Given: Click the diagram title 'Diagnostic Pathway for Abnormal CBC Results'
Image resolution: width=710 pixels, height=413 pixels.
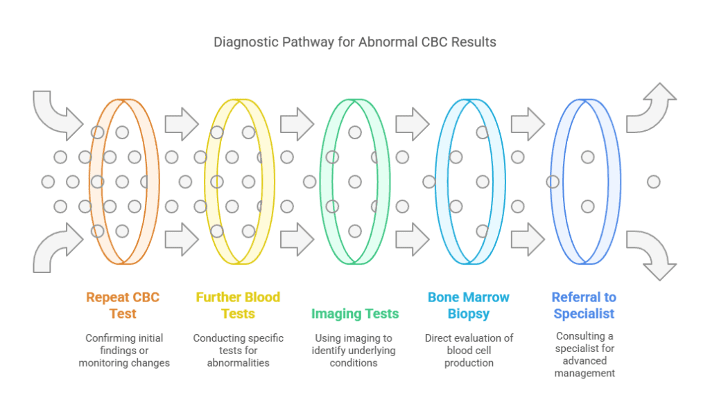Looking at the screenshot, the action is pyautogui.click(x=354, y=42).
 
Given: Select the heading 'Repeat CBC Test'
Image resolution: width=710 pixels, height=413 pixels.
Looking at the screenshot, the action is pyautogui.click(x=123, y=306).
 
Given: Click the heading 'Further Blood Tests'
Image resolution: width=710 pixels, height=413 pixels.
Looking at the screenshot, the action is pyautogui.click(x=239, y=306).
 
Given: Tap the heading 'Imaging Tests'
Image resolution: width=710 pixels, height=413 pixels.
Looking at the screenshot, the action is pyautogui.click(x=355, y=313).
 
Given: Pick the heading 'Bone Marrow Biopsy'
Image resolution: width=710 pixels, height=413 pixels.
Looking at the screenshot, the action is pyautogui.click(x=469, y=306).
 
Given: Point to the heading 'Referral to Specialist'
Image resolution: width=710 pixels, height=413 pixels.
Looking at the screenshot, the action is pyautogui.click(x=584, y=306).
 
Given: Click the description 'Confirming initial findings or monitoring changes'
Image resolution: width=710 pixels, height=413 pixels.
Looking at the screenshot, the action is pyautogui.click(x=124, y=351).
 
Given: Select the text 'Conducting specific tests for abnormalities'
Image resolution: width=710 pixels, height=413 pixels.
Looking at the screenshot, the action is pyautogui.click(x=239, y=351).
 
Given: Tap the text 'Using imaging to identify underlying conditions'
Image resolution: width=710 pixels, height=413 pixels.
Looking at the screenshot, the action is pyautogui.click(x=354, y=351).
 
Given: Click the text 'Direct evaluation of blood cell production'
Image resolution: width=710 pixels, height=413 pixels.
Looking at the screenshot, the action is pyautogui.click(x=469, y=351).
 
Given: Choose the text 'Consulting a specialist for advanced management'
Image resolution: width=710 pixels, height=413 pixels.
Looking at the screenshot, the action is pyautogui.click(x=585, y=355).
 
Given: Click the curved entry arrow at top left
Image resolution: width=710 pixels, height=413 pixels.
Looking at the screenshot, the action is pyautogui.click(x=54, y=118).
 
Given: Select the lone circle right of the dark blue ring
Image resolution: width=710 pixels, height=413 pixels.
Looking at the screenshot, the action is pyautogui.click(x=653, y=182).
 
